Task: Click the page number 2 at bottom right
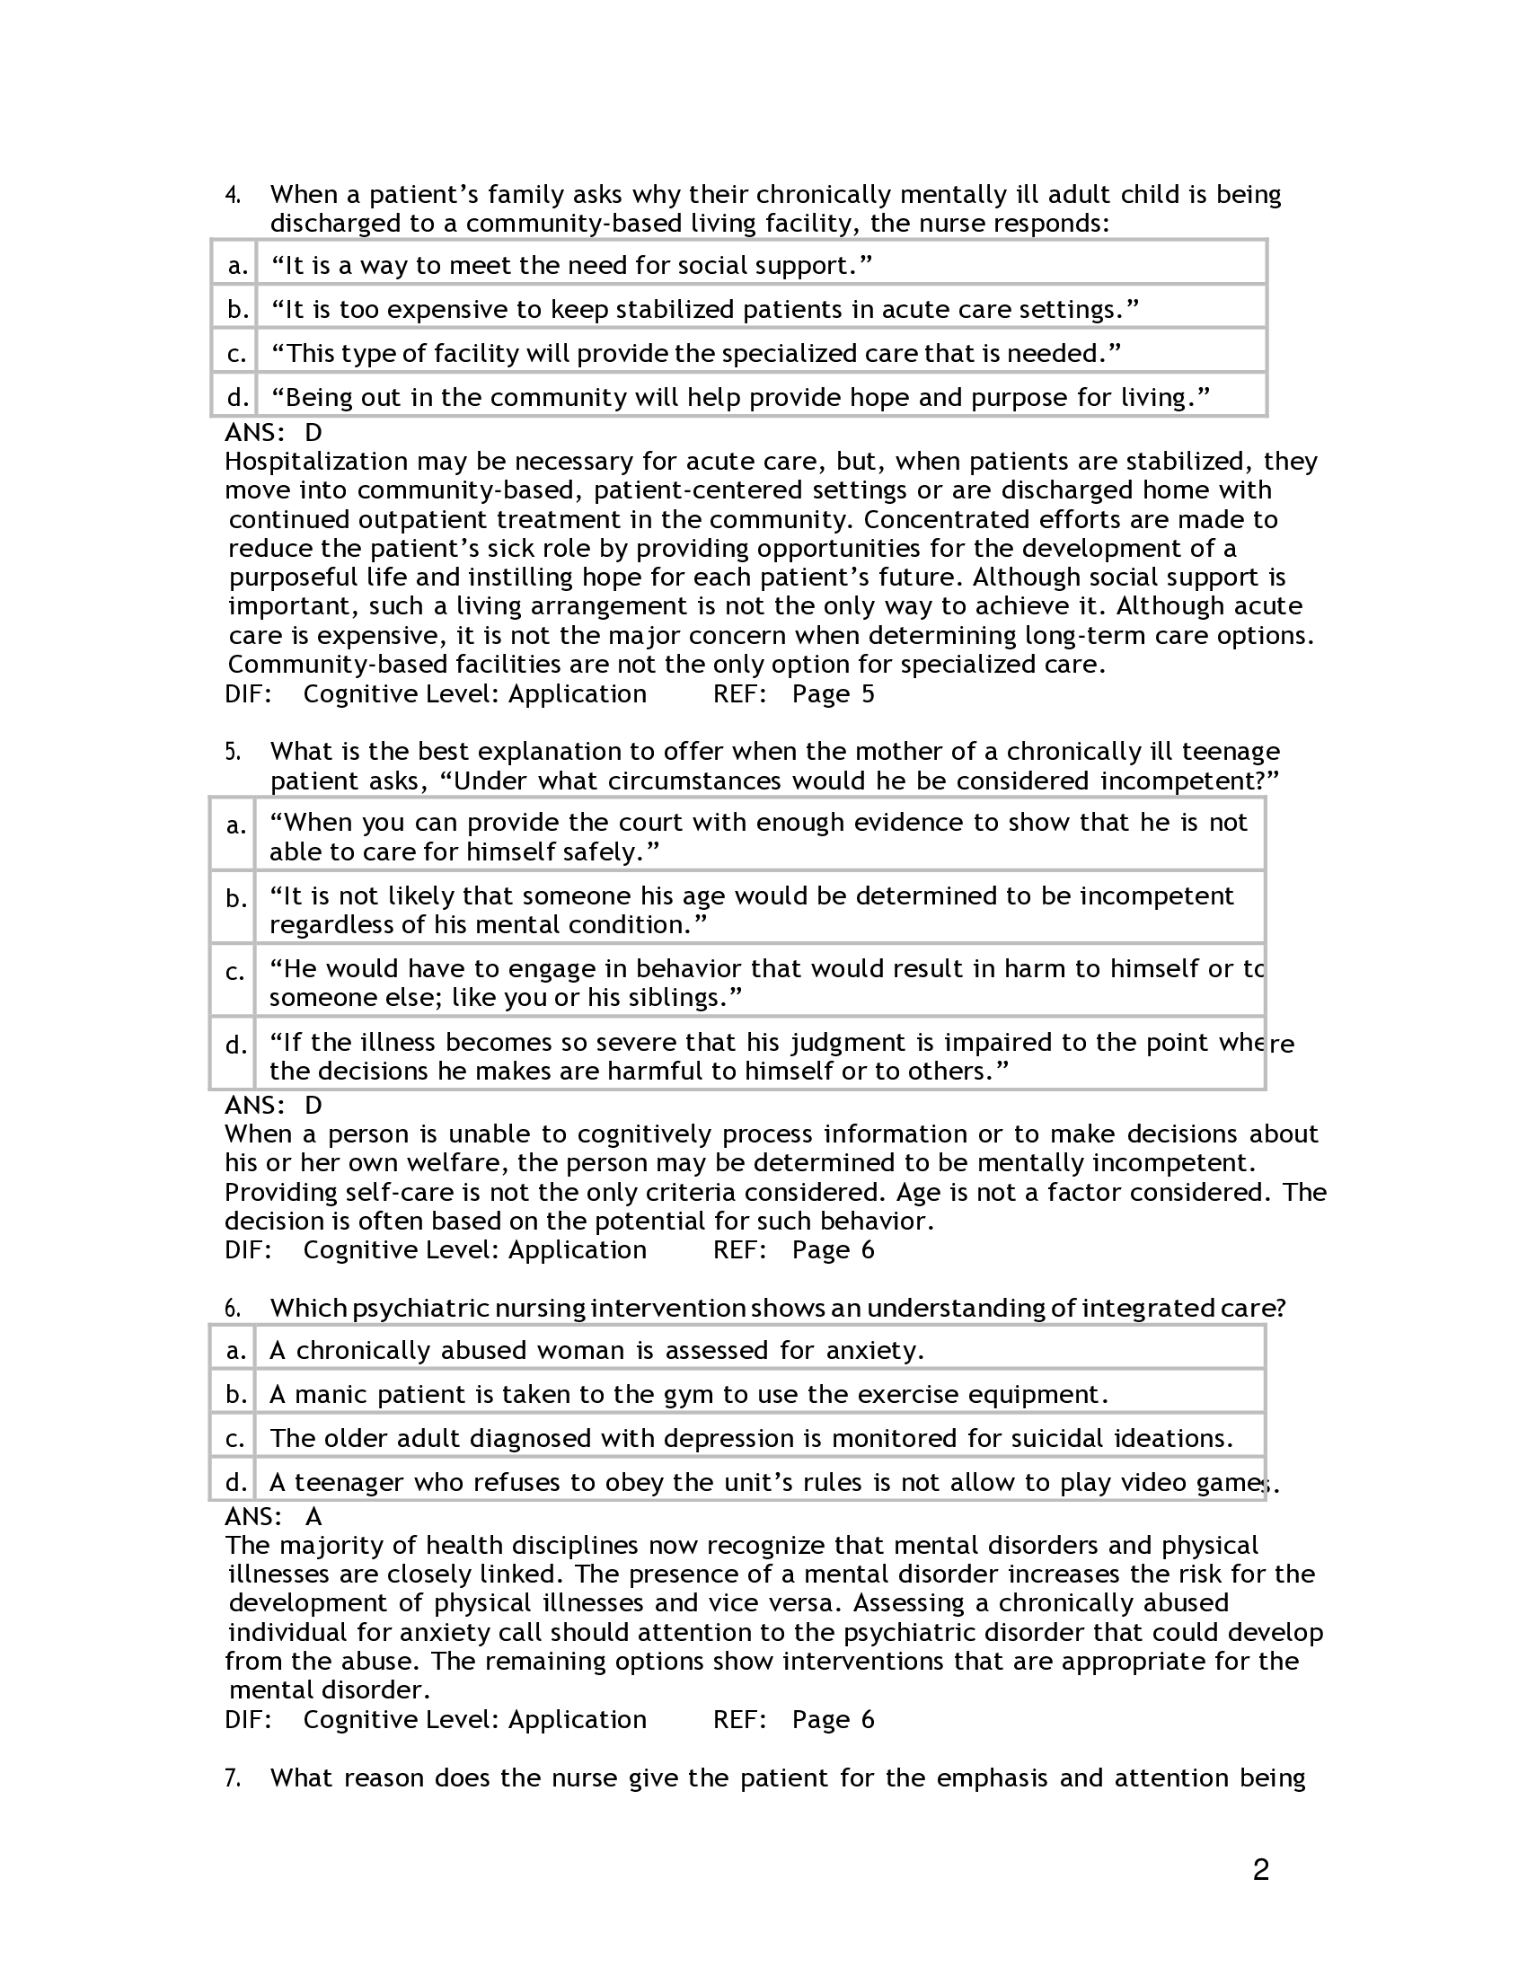[x=1260, y=1869]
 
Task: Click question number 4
[x=232, y=195]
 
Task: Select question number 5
[x=232, y=752]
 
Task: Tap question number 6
[x=232, y=1309]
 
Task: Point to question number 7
[x=232, y=1778]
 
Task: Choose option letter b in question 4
[x=237, y=310]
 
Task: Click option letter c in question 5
[x=234, y=972]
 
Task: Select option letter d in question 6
[x=236, y=1482]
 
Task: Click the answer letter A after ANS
[x=313, y=1516]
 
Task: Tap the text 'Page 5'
[x=834, y=694]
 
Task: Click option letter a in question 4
[x=237, y=266]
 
